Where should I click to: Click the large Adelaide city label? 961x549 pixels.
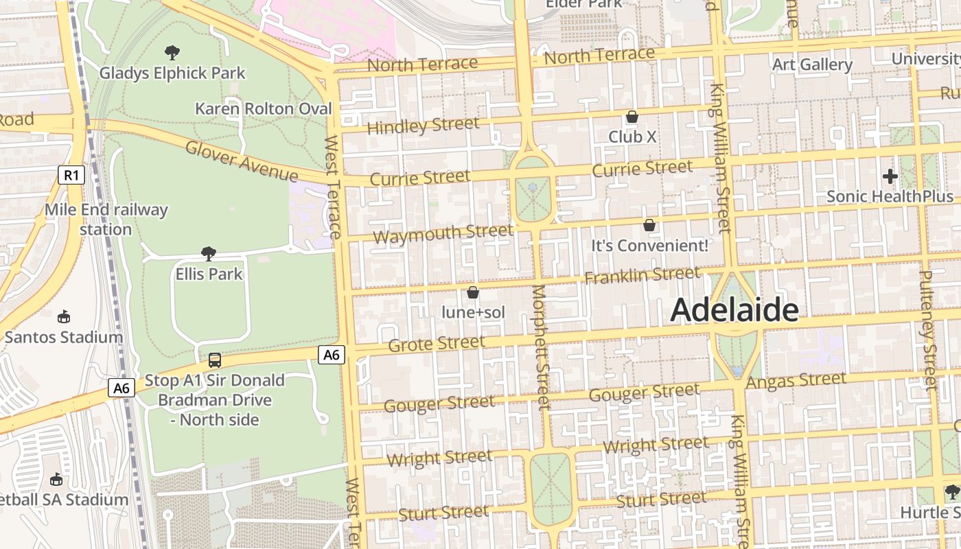734,310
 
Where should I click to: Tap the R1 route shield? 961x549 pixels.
71,175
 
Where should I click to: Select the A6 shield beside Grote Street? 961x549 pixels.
332,354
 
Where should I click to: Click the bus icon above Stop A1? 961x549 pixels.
215,360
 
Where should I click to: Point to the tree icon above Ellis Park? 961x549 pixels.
209,254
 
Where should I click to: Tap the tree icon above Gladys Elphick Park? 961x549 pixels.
172,52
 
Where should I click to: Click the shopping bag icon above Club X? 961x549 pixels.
632,117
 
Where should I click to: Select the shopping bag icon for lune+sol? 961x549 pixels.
472,293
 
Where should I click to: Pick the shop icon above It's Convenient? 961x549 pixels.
649,225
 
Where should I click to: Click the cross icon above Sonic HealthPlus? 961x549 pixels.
890,176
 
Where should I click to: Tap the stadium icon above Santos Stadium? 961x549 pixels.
64,317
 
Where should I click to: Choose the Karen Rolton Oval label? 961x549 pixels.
263,108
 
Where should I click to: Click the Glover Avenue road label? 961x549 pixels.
242,161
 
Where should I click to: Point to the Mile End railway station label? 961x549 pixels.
106,219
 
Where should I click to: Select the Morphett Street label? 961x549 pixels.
542,347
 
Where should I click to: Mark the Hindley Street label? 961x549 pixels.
423,126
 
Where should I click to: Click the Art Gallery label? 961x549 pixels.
812,65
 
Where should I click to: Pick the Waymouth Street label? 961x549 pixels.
443,234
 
